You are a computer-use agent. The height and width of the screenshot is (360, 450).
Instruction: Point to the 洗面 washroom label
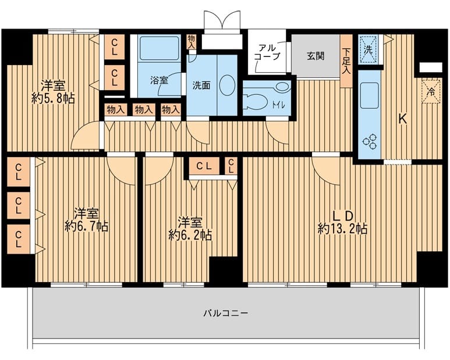click(201, 85)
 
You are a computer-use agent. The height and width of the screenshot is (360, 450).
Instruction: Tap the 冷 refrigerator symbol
click(431, 91)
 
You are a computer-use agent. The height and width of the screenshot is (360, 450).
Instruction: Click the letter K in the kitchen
click(402, 119)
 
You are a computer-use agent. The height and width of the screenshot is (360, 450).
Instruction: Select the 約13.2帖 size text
click(342, 229)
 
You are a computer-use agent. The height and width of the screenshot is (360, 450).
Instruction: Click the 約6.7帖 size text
click(86, 226)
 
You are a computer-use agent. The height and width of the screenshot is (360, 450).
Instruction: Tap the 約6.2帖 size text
click(190, 235)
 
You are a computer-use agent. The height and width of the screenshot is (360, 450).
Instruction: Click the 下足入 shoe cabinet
click(346, 60)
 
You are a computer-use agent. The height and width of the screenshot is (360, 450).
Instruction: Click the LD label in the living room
click(342, 215)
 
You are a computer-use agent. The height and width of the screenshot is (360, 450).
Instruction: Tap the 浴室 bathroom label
click(159, 81)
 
